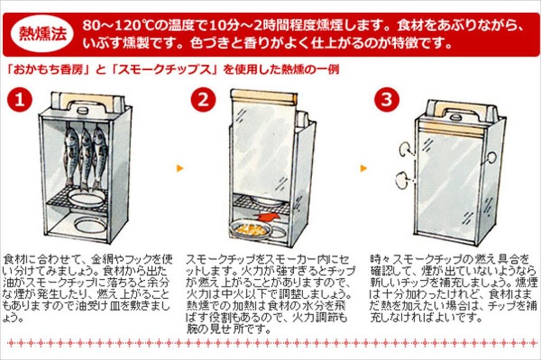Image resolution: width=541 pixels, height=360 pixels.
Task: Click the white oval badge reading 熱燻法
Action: point(41,33)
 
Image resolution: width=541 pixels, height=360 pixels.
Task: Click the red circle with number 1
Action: point(20,100)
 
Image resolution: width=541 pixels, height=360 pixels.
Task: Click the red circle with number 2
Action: point(202,100)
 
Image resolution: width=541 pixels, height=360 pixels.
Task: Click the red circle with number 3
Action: point(387,100)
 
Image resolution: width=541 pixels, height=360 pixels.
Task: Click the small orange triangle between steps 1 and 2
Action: point(180,168)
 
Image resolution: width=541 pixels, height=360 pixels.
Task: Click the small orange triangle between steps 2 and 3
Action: point(363,168)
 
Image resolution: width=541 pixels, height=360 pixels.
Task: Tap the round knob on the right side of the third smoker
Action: point(491,157)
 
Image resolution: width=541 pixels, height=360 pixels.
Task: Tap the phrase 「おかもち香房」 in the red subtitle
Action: point(43,69)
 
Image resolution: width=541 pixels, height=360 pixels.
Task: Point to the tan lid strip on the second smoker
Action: point(262,97)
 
